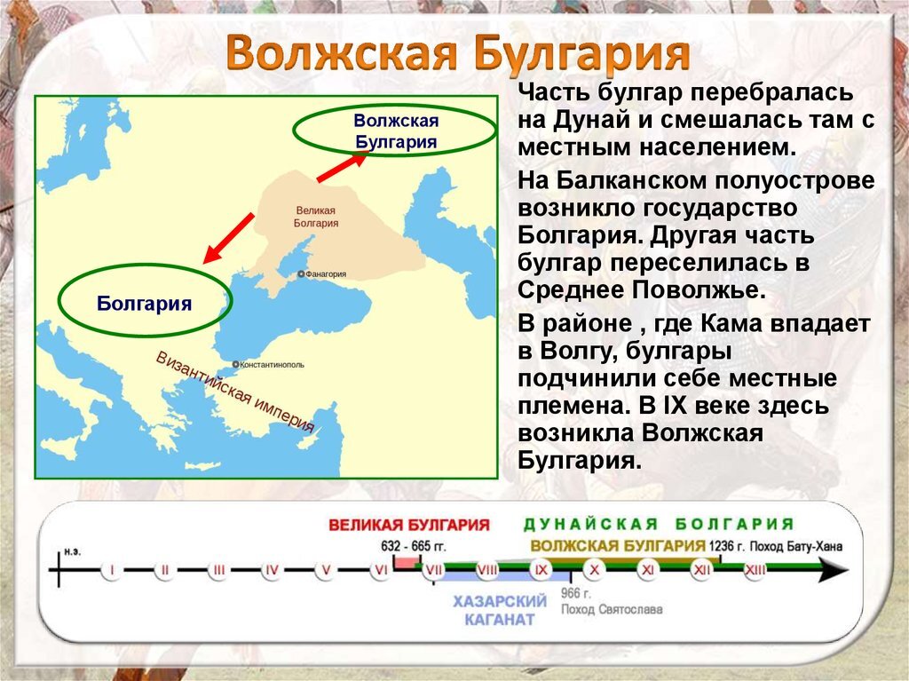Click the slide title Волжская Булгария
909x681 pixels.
coord(457,54)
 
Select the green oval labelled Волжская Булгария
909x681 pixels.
coord(396,131)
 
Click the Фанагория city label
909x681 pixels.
coord(325,274)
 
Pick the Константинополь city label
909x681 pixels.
coord(272,365)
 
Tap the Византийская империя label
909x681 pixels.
coord(235,392)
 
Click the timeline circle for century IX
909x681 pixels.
coord(541,570)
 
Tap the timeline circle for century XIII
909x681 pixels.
coord(755,570)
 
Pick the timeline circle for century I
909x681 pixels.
coord(111,570)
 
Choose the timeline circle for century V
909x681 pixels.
coord(326,570)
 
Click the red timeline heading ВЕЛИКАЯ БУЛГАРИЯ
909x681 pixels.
coord(409,525)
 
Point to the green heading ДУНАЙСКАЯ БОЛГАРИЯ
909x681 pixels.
coord(658,524)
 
